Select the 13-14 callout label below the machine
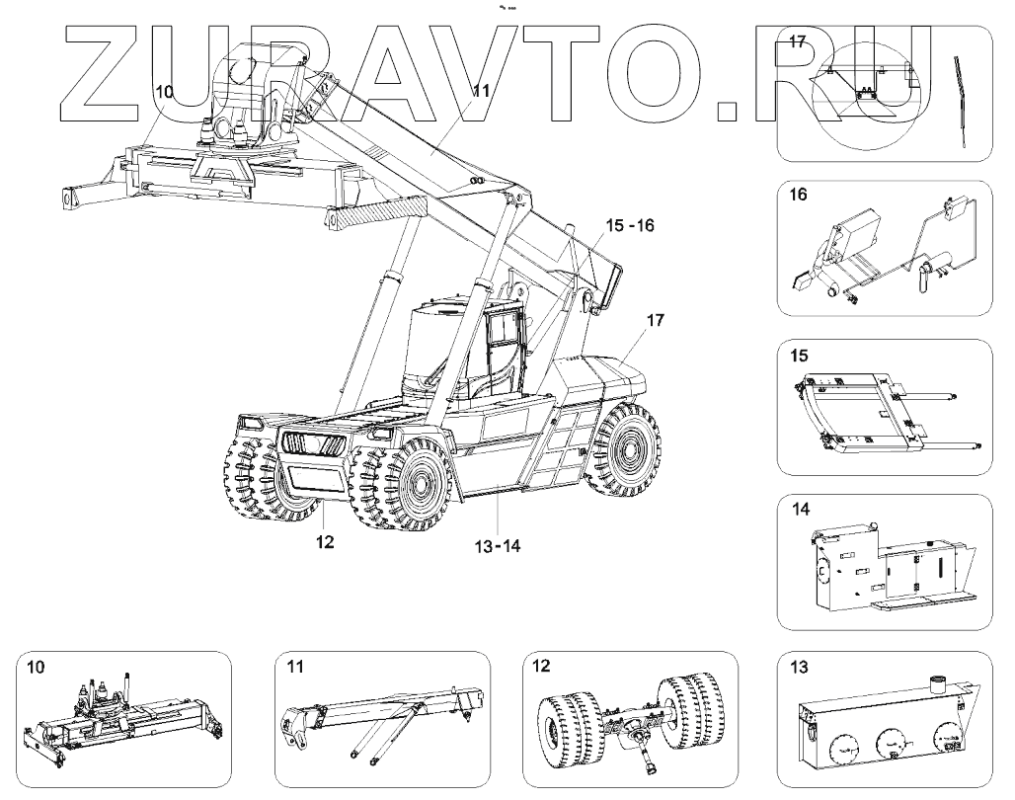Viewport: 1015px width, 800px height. tap(496, 542)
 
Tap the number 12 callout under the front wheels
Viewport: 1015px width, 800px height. tap(326, 542)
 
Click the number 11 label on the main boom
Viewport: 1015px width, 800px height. tap(481, 90)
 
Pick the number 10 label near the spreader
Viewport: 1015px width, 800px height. tap(164, 91)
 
